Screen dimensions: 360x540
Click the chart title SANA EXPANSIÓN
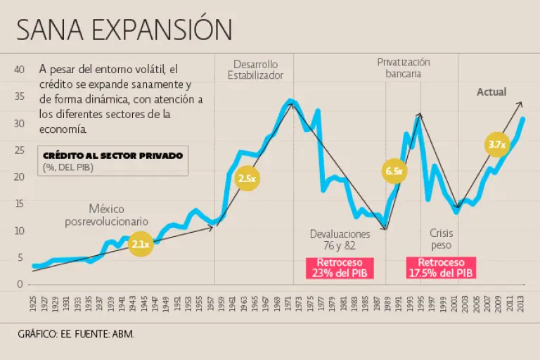coord(124,30)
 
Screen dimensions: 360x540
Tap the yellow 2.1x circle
coord(141,245)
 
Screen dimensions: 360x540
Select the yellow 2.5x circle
coord(247,179)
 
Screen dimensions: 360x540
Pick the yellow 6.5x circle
coord(394,172)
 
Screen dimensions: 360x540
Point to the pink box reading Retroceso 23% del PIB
coord(340,267)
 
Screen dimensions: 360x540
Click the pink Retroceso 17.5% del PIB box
coord(441,267)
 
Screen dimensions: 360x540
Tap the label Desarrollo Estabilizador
coord(255,69)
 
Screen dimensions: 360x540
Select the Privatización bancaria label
coord(404,67)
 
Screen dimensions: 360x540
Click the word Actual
coord(491,92)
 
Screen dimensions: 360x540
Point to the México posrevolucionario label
coord(107,215)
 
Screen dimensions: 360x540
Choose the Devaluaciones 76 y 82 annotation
coord(340,239)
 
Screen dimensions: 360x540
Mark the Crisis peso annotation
coord(441,239)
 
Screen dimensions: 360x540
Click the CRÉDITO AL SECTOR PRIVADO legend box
coord(112,161)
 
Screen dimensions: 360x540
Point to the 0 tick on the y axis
coord(21,284)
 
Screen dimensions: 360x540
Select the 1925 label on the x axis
coord(33,303)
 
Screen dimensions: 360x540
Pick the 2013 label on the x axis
coord(520,303)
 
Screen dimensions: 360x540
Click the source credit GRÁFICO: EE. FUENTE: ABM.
coord(75,333)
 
